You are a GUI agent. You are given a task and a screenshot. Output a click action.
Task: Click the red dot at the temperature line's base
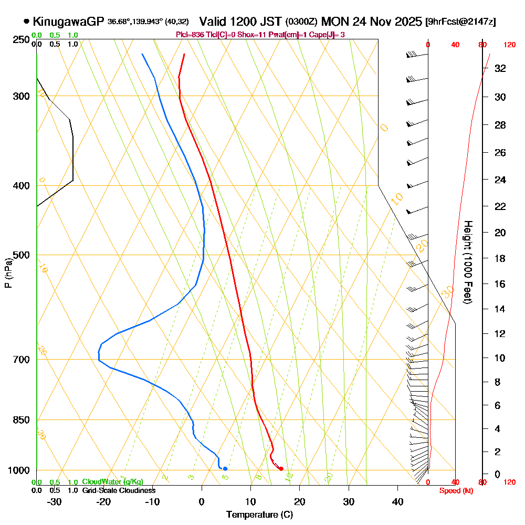point(281,468)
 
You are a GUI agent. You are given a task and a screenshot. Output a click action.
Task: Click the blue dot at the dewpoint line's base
point(225,468)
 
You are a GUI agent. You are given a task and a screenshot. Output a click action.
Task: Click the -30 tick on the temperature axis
point(55,502)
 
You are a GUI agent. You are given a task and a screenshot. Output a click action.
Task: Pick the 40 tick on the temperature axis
point(398,502)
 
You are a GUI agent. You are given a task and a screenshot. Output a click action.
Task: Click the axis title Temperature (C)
point(259,515)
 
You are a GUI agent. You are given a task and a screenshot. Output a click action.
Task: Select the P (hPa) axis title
point(8,273)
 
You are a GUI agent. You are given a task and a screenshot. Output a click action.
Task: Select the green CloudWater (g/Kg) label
point(112,482)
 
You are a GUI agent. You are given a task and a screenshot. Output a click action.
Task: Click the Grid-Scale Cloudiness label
point(119,490)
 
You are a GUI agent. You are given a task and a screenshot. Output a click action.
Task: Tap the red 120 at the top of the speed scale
point(509,45)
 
